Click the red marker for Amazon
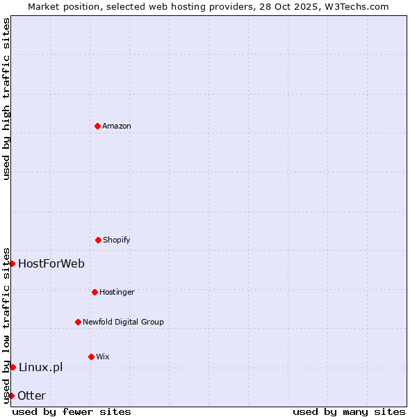pyautogui.click(x=97, y=126)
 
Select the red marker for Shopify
pyautogui.click(x=98, y=240)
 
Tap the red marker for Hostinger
pyautogui.click(x=95, y=292)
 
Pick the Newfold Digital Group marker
pyautogui.click(x=78, y=322)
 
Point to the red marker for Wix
pyautogui.click(x=91, y=357)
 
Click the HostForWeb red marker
pyautogui.click(x=12, y=263)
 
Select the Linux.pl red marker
pyautogui.click(x=13, y=367)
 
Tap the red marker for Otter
pyautogui.click(x=11, y=395)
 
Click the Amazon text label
pyautogui.click(x=117, y=126)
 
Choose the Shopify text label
pyautogui.click(x=117, y=240)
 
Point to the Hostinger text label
pyautogui.click(x=117, y=292)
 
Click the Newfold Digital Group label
pyautogui.click(x=123, y=322)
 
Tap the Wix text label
pyautogui.click(x=103, y=357)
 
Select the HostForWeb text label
pyautogui.click(x=51, y=263)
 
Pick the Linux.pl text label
pyautogui.click(x=40, y=367)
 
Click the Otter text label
pyautogui.click(x=31, y=395)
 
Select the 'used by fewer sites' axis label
pyautogui.click(x=72, y=411)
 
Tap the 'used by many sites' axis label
pyautogui.click(x=349, y=411)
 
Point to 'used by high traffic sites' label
pyautogui.click(x=6, y=99)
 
